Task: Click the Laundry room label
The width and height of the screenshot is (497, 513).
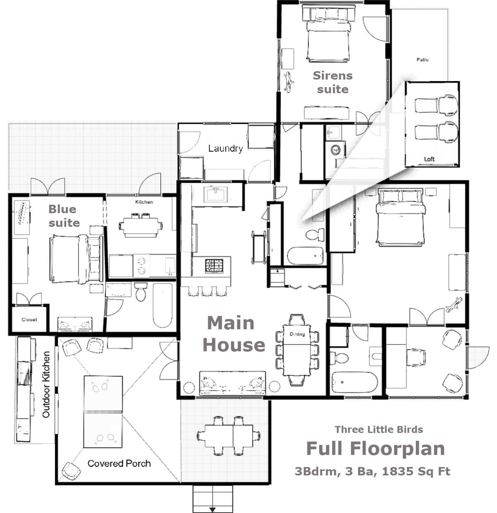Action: (225, 148)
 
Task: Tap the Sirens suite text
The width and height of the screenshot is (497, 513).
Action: (333, 82)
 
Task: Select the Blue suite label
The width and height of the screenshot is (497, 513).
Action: (64, 216)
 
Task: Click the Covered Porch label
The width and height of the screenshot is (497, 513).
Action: (119, 463)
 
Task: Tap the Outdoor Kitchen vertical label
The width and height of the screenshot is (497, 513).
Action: (46, 384)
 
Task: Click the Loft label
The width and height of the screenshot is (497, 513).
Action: (429, 159)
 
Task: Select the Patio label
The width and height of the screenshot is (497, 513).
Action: (422, 60)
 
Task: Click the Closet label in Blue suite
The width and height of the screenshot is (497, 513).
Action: (29, 320)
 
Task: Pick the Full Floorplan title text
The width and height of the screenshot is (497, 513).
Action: (375, 449)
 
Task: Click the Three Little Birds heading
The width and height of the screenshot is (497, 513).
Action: (379, 429)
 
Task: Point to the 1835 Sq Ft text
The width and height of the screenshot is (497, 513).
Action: (416, 471)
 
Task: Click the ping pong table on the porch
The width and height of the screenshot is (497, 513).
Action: (103, 412)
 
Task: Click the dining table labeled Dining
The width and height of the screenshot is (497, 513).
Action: (297, 350)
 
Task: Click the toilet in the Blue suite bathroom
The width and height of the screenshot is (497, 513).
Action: (141, 292)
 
